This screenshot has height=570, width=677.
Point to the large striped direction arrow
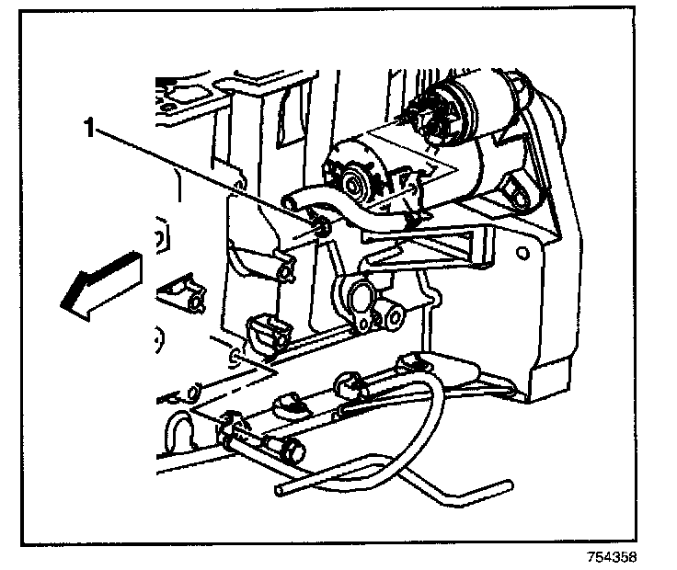pos(98,283)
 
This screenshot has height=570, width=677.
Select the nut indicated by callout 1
pos(320,223)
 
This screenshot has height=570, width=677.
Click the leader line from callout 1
pos(202,175)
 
